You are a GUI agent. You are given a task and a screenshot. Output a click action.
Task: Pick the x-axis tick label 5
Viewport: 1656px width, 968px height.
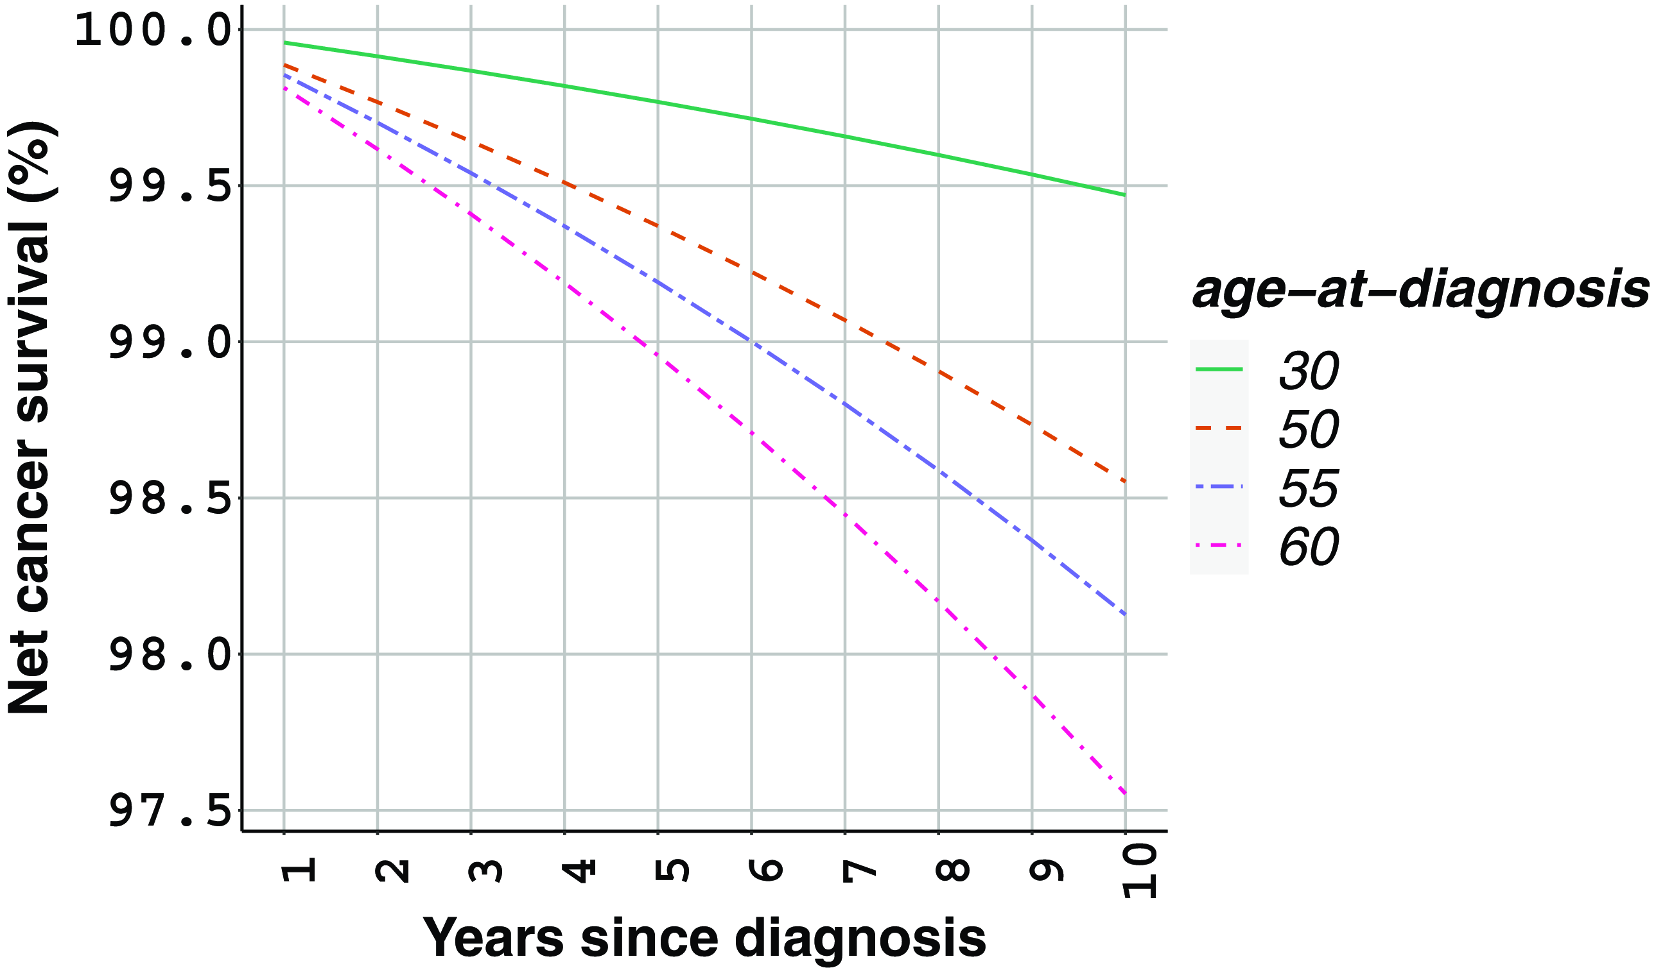click(x=672, y=870)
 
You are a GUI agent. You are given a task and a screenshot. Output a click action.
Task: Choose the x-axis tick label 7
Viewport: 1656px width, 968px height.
click(x=859, y=870)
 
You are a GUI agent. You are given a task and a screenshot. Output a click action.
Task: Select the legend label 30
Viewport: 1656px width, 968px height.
click(x=1309, y=371)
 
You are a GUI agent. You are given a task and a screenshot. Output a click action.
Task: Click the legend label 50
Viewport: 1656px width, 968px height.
click(x=1309, y=430)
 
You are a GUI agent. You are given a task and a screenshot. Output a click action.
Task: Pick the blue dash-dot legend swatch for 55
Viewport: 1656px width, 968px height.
click(x=1219, y=487)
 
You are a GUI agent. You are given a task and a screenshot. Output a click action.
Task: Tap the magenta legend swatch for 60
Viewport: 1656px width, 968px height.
click(x=1219, y=546)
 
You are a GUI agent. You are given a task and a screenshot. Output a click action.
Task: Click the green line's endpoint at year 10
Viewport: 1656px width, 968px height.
click(x=1125, y=195)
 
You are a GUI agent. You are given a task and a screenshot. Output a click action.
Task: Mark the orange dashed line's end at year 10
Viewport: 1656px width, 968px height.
click(x=1125, y=481)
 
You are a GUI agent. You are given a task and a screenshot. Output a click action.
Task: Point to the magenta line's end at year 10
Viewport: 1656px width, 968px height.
click(x=1125, y=794)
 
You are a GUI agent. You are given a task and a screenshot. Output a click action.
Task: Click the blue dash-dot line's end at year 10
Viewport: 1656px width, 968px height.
click(x=1125, y=614)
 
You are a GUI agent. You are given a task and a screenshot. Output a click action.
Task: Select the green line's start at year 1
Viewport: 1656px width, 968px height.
click(x=284, y=43)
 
